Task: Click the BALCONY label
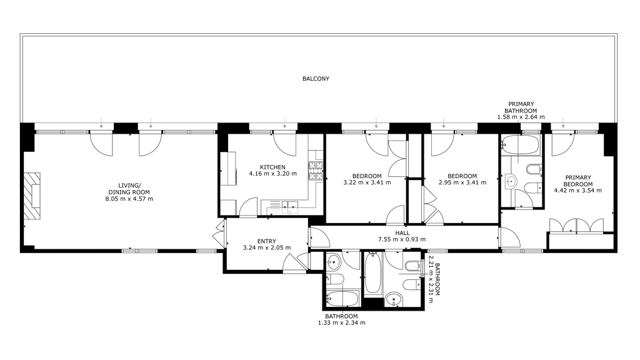tap(316, 79)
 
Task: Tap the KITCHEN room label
tap(272, 167)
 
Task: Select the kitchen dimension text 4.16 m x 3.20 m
tap(272, 174)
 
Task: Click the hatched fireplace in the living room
tap(32, 196)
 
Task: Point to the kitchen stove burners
tap(316, 171)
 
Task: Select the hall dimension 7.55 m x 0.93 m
tap(402, 239)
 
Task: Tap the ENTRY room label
tap(266, 241)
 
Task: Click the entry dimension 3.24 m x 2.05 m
tap(266, 247)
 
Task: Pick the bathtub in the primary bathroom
tap(521, 144)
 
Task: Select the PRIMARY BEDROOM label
tap(578, 181)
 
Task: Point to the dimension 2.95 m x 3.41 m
tap(462, 182)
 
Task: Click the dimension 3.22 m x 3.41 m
tap(367, 182)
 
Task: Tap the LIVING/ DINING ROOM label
tap(129, 189)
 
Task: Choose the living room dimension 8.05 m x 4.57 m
tap(129, 199)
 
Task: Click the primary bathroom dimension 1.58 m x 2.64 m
tap(521, 117)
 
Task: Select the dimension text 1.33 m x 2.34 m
tap(342, 323)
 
